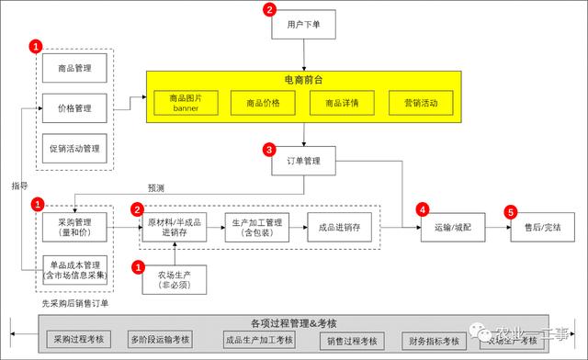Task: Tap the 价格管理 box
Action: click(x=74, y=108)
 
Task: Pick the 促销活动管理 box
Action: click(x=74, y=147)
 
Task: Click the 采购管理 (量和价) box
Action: click(x=74, y=226)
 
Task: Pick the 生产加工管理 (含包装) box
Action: click(x=258, y=226)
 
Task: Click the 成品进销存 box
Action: click(x=340, y=226)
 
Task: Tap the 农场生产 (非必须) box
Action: click(x=174, y=278)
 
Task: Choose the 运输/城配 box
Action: click(x=450, y=226)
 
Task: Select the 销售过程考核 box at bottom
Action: click(x=352, y=341)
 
